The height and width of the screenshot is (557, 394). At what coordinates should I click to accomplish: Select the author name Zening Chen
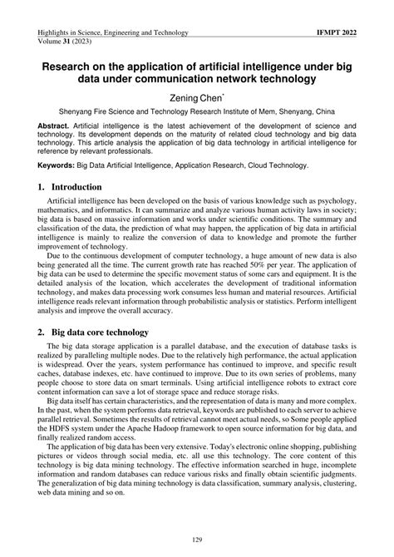[x=195, y=97]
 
